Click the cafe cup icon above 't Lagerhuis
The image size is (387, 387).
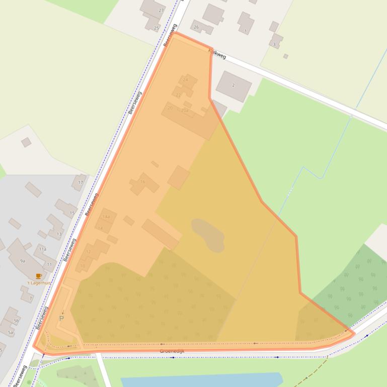click(x=39, y=276)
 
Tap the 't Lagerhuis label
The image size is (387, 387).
click(x=39, y=283)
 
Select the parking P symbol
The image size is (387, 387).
click(x=61, y=318)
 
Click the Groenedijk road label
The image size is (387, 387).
click(x=172, y=351)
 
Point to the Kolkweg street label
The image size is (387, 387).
click(x=217, y=53)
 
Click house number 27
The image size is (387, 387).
click(x=161, y=10)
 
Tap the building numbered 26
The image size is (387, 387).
click(x=196, y=27)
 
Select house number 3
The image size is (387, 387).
click(x=274, y=44)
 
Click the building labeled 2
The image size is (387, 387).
click(x=234, y=85)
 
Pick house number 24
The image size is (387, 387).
click(x=185, y=79)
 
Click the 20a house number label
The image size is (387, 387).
click(x=185, y=110)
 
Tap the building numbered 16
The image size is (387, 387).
click(x=143, y=182)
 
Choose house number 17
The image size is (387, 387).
click(x=81, y=182)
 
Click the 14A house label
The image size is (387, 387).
click(x=106, y=217)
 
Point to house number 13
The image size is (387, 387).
click(x=59, y=234)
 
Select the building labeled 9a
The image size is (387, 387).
click(x=22, y=261)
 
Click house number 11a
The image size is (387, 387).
click(x=43, y=249)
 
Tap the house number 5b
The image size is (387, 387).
click(x=16, y=320)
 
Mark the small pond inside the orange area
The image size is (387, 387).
click(x=208, y=234)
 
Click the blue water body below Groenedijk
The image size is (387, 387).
click(x=201, y=379)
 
